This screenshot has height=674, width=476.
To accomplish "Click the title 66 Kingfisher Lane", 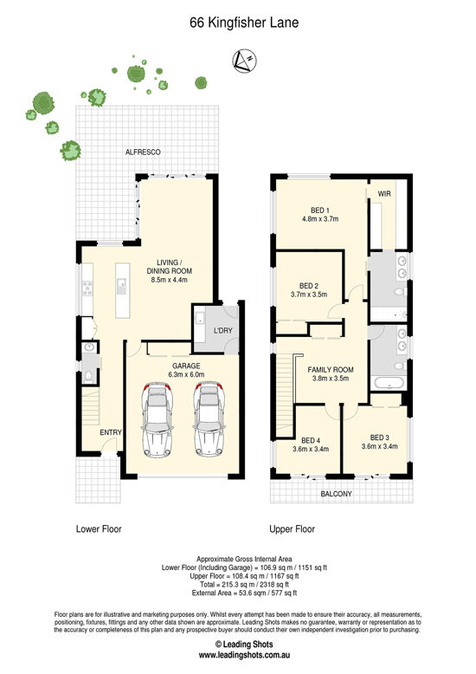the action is (244, 23).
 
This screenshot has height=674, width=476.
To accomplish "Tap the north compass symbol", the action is (244, 61).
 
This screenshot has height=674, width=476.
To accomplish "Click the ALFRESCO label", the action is (143, 152).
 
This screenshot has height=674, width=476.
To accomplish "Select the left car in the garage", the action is (157, 419).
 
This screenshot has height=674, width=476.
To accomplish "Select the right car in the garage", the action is (209, 419).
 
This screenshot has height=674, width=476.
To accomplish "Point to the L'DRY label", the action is (223, 331).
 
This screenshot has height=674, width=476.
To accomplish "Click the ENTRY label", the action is (111, 432).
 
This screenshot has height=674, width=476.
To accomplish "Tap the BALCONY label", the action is (337, 494).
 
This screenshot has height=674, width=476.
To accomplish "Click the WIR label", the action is (384, 194).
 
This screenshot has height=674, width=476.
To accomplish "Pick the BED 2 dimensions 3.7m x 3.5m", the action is (309, 295).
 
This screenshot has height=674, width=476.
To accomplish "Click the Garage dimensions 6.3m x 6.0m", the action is (186, 374).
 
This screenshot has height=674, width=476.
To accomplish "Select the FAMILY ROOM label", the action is (331, 370).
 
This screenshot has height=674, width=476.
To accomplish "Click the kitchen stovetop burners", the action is (87, 288).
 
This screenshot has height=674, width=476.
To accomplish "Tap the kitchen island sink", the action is (122, 283).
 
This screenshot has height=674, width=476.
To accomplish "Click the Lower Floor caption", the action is (99, 529).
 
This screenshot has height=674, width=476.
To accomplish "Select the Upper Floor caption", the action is (293, 529).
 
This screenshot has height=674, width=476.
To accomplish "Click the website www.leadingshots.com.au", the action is (244, 655).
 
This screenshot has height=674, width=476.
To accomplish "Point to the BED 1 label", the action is (320, 211).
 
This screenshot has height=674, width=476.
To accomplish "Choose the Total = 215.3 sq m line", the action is (244, 585).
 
